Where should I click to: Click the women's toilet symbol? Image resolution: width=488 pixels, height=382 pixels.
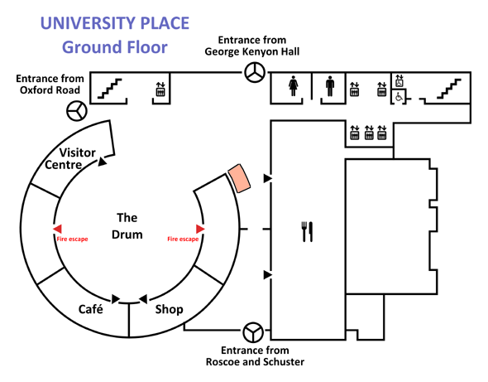[293, 85]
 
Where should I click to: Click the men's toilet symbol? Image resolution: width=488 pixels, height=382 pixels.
[330, 85]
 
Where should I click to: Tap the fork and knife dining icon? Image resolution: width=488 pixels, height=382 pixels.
[307, 231]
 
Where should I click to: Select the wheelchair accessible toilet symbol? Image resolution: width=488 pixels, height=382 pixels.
[399, 97]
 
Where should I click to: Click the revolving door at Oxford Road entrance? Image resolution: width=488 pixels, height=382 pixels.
[77, 111]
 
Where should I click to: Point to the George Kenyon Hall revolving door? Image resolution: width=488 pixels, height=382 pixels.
[255, 72]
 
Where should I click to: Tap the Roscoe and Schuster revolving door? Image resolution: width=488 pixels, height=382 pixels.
[253, 332]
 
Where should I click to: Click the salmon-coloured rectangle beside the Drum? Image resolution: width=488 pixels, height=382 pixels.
[239, 178]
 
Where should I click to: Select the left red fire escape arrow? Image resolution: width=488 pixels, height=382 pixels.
[57, 229]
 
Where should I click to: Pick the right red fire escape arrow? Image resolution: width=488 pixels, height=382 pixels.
[200, 229]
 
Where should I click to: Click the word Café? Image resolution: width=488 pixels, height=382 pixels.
[90, 309]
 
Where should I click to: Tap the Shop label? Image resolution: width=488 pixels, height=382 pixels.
[169, 309]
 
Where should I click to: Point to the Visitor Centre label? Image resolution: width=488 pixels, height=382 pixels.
[70, 158]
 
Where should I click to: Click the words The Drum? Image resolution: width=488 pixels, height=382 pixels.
[127, 225]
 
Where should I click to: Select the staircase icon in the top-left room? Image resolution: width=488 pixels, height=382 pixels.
[109, 89]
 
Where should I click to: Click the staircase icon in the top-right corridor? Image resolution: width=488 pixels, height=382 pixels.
[449, 89]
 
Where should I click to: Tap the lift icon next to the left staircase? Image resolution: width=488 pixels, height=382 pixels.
[160, 89]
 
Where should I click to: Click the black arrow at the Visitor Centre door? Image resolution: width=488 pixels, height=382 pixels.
[102, 162]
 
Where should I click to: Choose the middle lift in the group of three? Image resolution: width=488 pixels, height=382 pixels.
[369, 133]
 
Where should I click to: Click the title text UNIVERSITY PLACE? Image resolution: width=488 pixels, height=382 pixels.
[115, 23]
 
